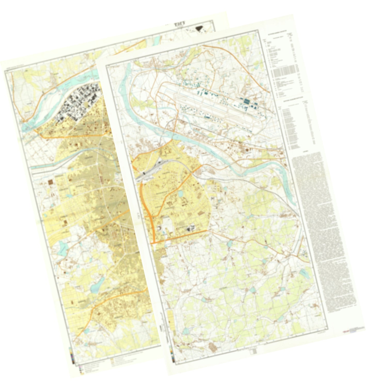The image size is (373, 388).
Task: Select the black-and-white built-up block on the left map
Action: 80,102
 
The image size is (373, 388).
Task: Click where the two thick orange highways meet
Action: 152,243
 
